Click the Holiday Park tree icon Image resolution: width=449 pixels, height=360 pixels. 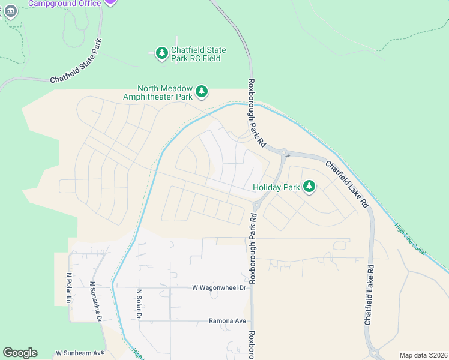[309, 187]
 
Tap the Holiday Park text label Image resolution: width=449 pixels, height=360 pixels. [276, 187]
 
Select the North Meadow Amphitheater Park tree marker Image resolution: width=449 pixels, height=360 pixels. [202, 91]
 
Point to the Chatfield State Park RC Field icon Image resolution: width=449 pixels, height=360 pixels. [161, 54]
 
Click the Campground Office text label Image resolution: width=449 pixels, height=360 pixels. [65, 3]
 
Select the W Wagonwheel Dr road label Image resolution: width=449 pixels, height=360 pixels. [219, 287]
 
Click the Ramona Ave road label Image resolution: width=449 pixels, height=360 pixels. [228, 321]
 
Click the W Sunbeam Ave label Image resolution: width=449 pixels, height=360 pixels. [80, 353]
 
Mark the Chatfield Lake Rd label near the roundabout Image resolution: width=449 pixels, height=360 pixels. [347, 184]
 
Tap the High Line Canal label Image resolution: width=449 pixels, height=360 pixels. [410, 239]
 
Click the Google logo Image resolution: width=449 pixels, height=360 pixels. [20, 353]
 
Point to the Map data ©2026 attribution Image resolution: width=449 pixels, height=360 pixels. [423, 355]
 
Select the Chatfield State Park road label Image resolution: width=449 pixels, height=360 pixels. [76, 61]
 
